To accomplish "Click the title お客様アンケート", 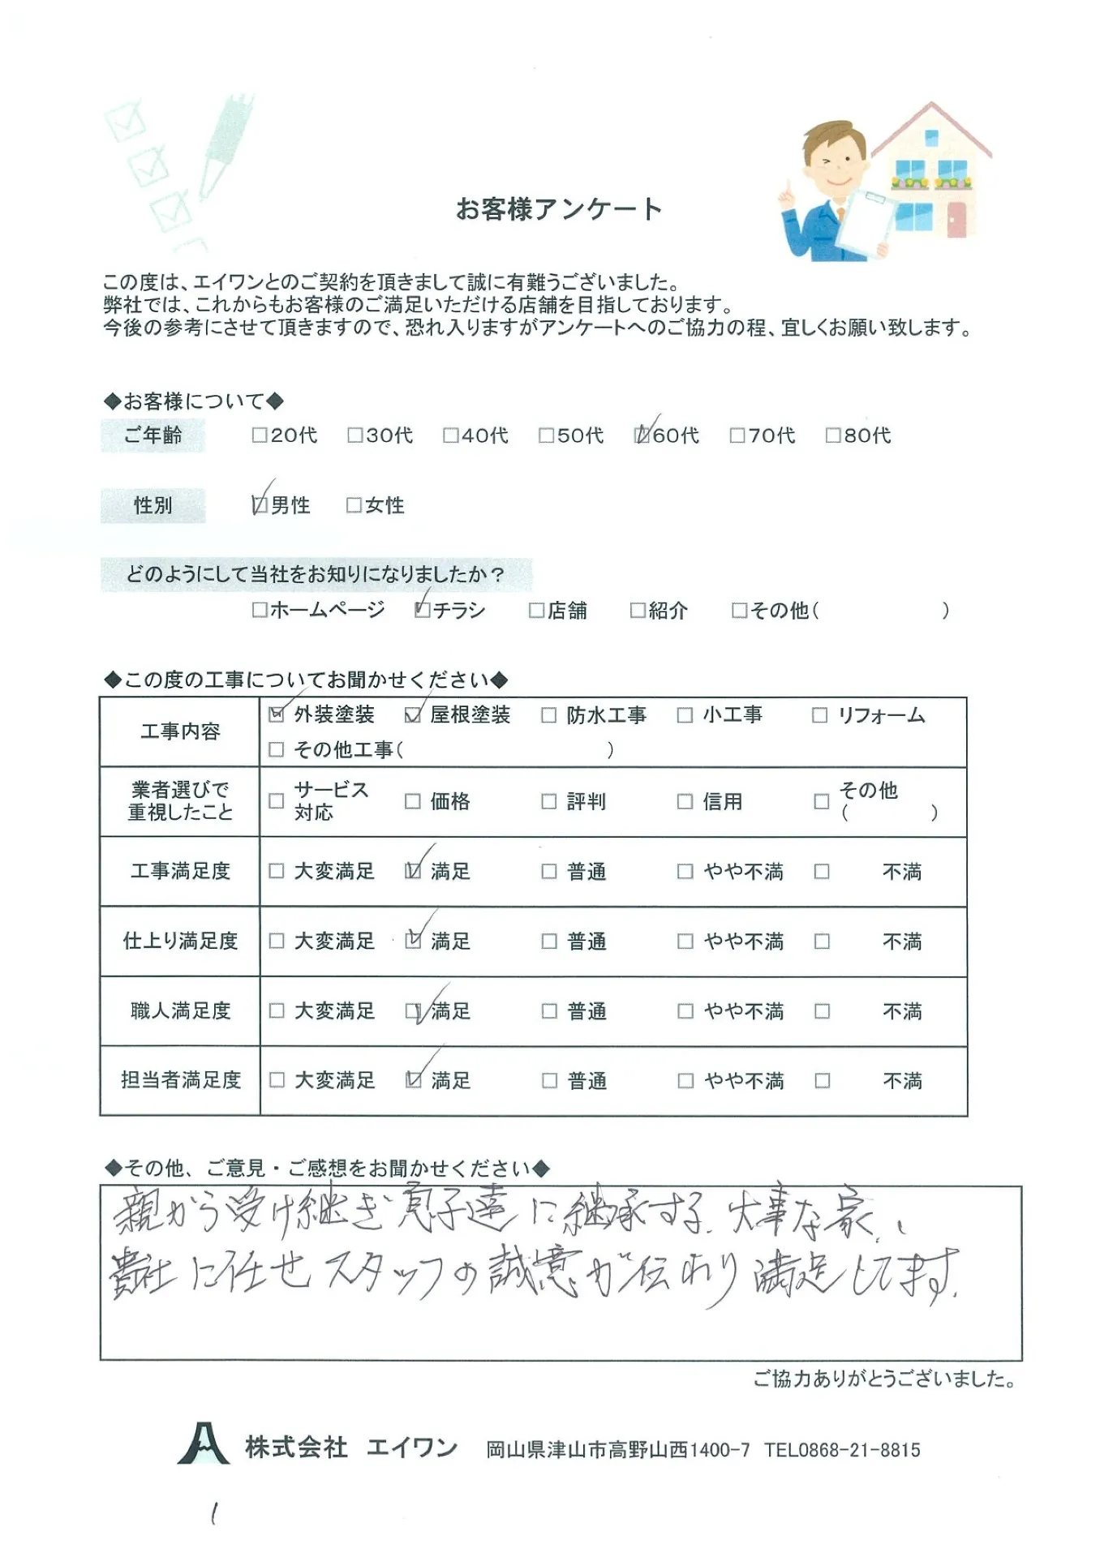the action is click(x=559, y=209).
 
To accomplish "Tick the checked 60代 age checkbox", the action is click(x=642, y=435).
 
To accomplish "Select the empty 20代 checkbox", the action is click(x=260, y=435).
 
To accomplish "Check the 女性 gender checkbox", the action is click(x=354, y=505).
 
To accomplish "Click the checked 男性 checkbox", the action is click(x=260, y=505).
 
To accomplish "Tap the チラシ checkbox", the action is click(x=423, y=610).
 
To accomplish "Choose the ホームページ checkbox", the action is click(x=260, y=610).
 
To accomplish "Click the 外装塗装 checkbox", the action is click(x=277, y=714).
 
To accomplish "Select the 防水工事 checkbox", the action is click(x=549, y=714).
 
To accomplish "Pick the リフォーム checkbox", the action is click(x=820, y=714).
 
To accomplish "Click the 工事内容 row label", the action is click(x=180, y=731).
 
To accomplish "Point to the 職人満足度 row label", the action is click(x=180, y=1010).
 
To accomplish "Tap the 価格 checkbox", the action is click(x=413, y=801).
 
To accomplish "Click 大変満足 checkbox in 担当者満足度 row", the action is click(x=277, y=1080).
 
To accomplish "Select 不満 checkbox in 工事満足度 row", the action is click(x=822, y=871).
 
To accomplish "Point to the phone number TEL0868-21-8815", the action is click(x=842, y=1449).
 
